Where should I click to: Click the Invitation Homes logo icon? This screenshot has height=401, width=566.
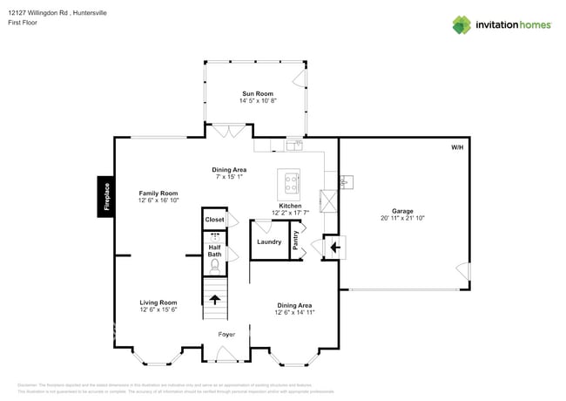[x=462, y=24]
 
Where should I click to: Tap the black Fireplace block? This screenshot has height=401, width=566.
[x=104, y=196]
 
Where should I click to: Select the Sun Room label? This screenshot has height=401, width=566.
[x=257, y=93]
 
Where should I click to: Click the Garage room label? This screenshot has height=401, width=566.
[x=402, y=211]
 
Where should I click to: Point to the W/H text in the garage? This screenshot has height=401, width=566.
[x=457, y=148]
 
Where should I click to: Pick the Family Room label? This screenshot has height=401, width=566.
[x=158, y=194]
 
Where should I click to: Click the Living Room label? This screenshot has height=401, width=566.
[x=158, y=302]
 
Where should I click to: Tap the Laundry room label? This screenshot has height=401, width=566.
[x=269, y=241]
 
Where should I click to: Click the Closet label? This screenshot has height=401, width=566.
[x=214, y=221]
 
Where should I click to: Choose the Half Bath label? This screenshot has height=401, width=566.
[x=214, y=250]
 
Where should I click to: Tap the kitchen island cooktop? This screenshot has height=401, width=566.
[x=290, y=183]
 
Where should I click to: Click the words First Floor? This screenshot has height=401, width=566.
[x=22, y=23]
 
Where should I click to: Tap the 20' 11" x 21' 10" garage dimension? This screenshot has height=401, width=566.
[x=402, y=218]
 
